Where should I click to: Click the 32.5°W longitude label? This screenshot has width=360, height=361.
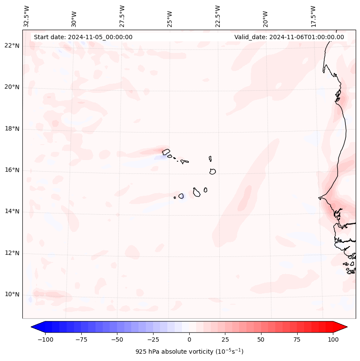point(27,16)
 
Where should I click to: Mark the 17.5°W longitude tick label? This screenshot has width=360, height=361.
point(313,16)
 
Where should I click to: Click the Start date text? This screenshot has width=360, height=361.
point(83,37)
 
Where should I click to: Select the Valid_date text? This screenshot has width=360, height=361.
point(289,37)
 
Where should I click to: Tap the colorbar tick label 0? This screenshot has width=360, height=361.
point(189,339)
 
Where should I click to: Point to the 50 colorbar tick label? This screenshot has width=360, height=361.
point(261,339)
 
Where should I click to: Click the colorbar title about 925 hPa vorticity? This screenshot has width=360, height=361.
point(189,352)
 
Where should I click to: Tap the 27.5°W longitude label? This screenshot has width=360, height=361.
point(122,16)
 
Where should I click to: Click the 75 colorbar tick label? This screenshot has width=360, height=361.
point(297,339)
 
